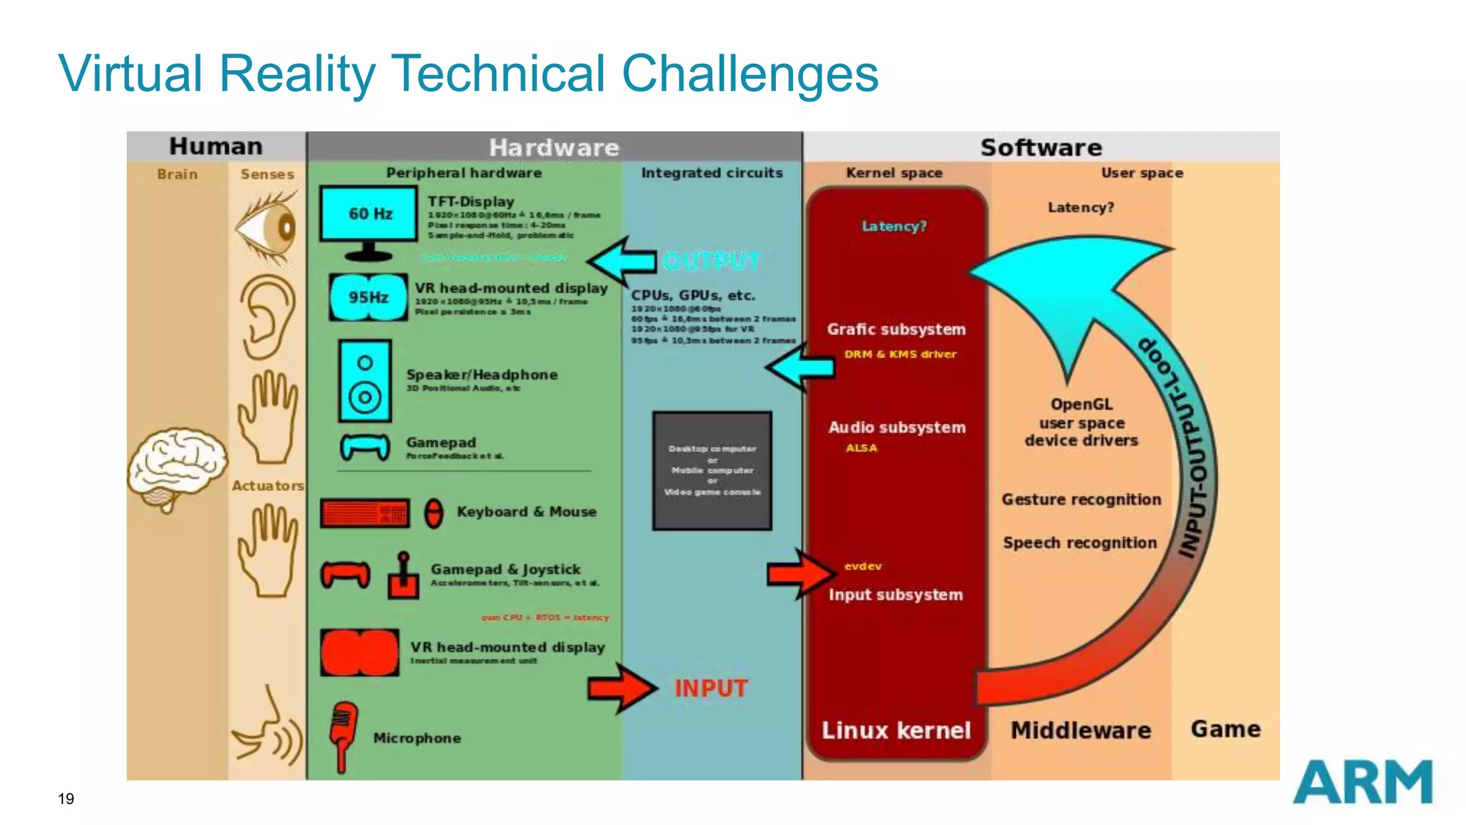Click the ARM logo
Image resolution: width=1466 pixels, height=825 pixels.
[x=1362, y=782]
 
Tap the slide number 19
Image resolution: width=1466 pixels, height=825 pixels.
[x=66, y=799]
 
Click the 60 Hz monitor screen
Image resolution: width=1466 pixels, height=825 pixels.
[x=369, y=213]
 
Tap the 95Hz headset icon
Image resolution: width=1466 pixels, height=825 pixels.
[x=368, y=297]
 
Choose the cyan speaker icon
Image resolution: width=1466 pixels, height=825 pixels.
[x=365, y=381]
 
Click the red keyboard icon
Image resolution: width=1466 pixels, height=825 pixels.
[x=365, y=513]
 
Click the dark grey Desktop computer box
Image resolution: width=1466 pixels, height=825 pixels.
[x=712, y=471]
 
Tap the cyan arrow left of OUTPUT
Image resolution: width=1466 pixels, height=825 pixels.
[x=622, y=261]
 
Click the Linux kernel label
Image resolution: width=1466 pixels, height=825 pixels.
[x=895, y=730]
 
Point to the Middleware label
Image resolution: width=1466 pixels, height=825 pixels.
[x=1080, y=730]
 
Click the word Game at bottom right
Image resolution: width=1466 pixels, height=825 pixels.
[x=1225, y=729]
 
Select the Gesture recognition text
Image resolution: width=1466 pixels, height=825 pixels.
[x=1081, y=500]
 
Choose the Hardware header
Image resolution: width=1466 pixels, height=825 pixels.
[x=554, y=148]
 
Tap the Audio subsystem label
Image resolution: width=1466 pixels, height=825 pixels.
[x=897, y=428]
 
